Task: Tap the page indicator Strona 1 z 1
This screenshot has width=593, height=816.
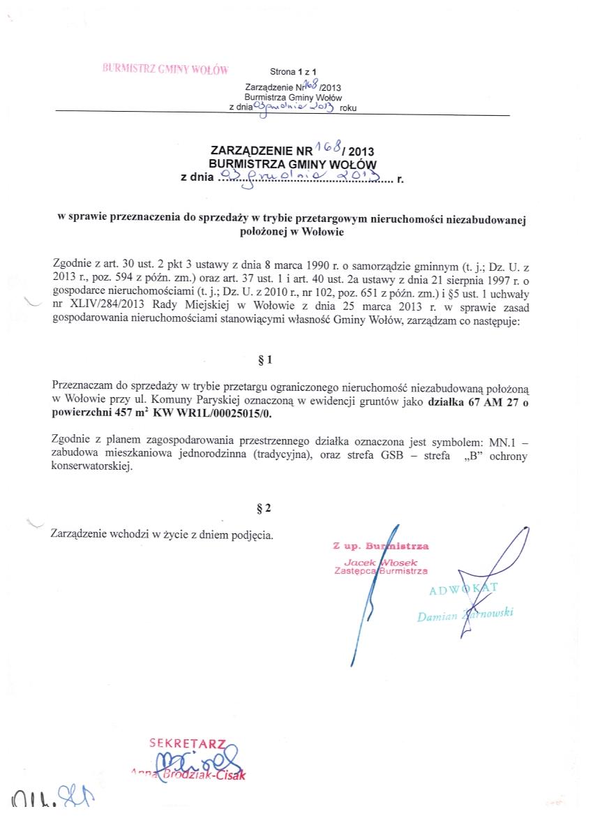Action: click(293, 72)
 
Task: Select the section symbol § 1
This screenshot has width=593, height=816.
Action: click(264, 360)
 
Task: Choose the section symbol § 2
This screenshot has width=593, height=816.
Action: click(264, 508)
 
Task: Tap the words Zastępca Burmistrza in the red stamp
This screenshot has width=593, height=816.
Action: click(381, 570)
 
